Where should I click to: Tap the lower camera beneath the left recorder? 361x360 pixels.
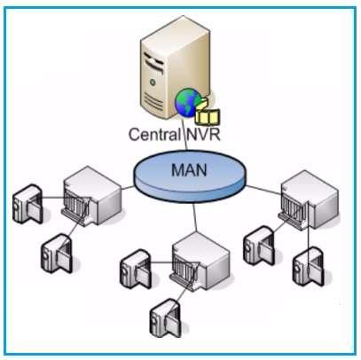54,254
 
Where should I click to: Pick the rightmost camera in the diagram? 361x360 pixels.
311,262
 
